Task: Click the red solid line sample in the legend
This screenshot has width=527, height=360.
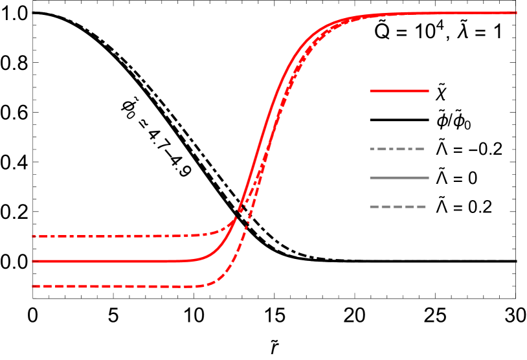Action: pyautogui.click(x=399, y=91)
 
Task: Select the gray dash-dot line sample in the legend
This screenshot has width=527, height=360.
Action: pyautogui.click(x=397, y=149)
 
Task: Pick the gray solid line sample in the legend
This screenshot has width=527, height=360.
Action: pyautogui.click(x=399, y=177)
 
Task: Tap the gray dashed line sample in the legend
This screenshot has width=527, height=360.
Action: pyautogui.click(x=398, y=207)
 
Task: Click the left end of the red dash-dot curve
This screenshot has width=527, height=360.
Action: pyautogui.click(x=33, y=236)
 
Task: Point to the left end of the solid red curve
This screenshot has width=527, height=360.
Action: pyautogui.click(x=33, y=261)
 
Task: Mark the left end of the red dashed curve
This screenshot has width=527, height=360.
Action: pyautogui.click(x=33, y=286)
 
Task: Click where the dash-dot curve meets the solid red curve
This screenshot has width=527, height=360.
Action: pyautogui.click(x=238, y=212)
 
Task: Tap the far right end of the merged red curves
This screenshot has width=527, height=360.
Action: pyautogui.click(x=516, y=12)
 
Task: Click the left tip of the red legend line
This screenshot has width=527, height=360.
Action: pyautogui.click(x=370, y=91)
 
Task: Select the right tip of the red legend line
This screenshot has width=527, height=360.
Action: pyautogui.click(x=429, y=91)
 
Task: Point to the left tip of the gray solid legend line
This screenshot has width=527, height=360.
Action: pyautogui.click(x=370, y=177)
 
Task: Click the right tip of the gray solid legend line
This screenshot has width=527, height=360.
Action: pyautogui.click(x=429, y=177)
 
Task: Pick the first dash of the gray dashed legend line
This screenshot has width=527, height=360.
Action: pyautogui.click(x=374, y=207)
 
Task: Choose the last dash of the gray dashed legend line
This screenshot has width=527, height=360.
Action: pyautogui.click(x=421, y=207)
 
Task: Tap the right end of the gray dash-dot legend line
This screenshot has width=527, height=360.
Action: pyautogui.click(x=424, y=149)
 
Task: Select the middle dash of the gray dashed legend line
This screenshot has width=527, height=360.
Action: pyautogui.click(x=398, y=207)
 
